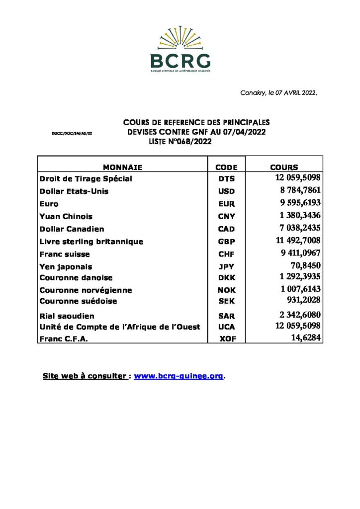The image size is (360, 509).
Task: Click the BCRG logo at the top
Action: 180,50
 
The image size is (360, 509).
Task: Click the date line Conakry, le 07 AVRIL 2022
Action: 278,93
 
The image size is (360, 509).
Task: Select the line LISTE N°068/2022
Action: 180,142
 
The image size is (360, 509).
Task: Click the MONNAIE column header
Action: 122,168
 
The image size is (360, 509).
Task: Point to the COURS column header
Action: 284,168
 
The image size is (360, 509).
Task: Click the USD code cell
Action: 226,191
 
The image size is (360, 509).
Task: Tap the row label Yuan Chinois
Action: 66,217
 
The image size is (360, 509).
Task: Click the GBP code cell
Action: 226,242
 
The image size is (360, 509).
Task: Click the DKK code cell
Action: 226,278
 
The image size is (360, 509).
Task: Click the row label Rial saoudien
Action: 67,316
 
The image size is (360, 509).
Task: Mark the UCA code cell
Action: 226,327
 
